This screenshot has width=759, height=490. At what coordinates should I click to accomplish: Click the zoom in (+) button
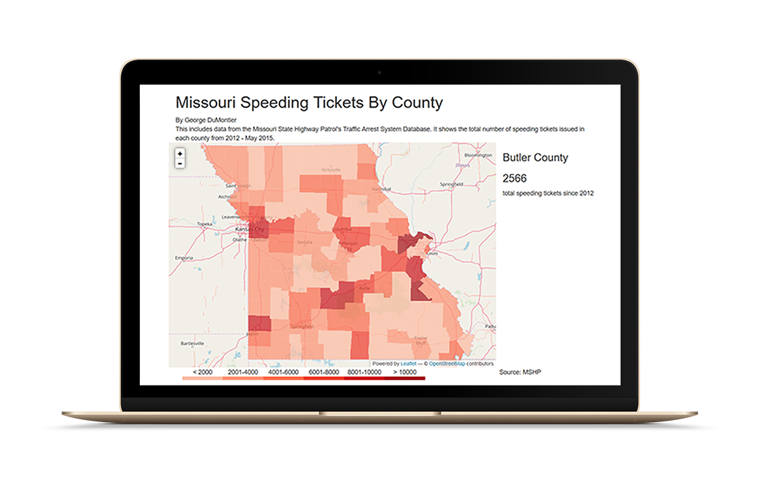pos(180,153)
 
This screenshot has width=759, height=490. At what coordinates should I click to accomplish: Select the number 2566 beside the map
pos(515,179)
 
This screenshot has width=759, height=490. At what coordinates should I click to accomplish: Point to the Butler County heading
pos(535,158)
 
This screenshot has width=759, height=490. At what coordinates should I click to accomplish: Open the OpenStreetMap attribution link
pos(446,363)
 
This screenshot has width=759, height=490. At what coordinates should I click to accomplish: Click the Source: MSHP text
pos(520,372)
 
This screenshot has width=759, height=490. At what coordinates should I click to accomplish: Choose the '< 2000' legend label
pos(202,372)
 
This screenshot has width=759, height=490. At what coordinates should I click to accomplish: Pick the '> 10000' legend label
pos(405,372)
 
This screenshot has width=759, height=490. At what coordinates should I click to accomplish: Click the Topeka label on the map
pos(205,224)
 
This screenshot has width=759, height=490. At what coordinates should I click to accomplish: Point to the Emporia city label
pos(184,257)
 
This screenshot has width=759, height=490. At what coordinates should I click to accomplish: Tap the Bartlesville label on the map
pos(193,343)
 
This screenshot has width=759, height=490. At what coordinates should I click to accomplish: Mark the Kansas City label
pos(250,229)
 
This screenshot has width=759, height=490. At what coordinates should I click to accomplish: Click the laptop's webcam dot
pos(379,72)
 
